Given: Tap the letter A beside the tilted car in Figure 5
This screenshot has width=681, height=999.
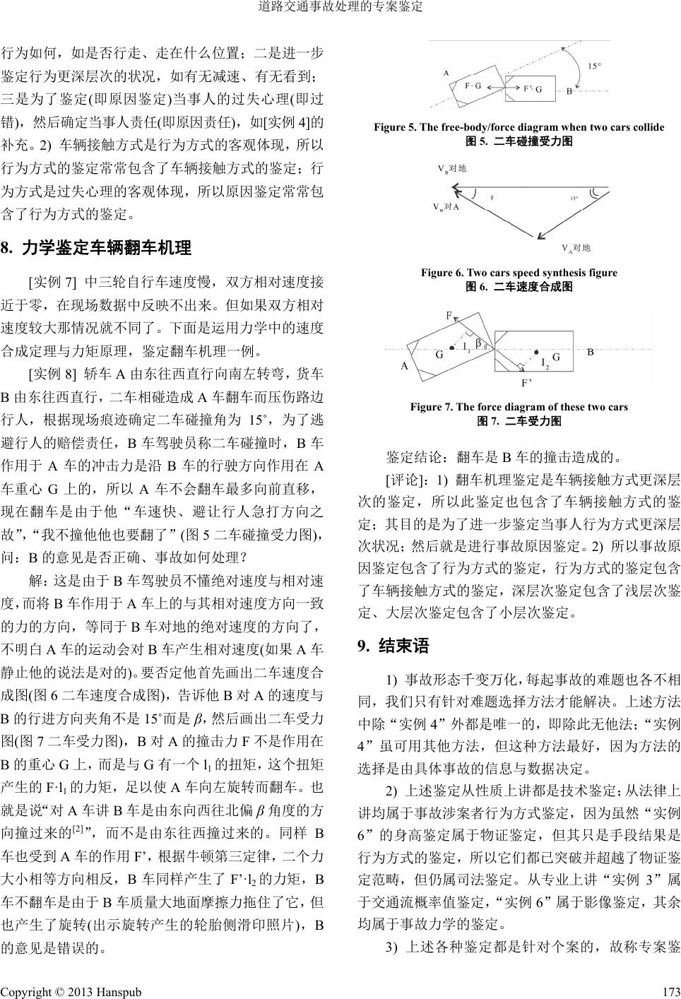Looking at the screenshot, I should click(x=446, y=73).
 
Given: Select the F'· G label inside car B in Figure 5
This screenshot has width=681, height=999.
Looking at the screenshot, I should click(x=532, y=89).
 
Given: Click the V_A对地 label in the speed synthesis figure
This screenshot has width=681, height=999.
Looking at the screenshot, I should click(x=575, y=248).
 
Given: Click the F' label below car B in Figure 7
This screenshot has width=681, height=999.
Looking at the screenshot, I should click(x=526, y=384).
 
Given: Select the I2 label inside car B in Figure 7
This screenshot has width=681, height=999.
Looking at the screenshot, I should click(x=545, y=364).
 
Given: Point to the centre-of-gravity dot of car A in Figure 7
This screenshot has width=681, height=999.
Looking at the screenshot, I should click(x=452, y=348).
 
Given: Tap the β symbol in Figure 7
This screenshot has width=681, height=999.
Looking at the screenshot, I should click(x=478, y=343).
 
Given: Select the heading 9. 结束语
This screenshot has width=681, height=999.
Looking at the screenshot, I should click(x=393, y=646).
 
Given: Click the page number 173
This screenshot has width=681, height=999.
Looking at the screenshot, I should click(x=670, y=991).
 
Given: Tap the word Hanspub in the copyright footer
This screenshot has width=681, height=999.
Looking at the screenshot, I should click(x=117, y=991).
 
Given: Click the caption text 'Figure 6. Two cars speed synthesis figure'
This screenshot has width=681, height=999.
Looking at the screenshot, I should click(x=519, y=273).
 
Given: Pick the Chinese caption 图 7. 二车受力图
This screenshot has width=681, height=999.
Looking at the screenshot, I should click(x=519, y=421).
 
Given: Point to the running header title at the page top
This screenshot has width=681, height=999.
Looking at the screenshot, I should click(x=340, y=8).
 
